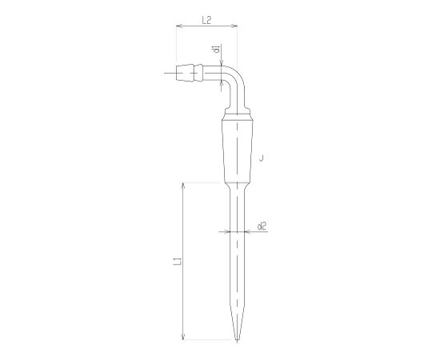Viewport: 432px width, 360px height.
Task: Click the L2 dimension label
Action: pos(206,20)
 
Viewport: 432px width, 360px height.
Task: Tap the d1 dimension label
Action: pos(217,49)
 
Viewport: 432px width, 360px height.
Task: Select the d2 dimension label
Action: pos(262,226)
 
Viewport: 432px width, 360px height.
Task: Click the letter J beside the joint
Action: pos(262,158)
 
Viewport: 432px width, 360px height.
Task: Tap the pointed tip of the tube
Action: pos(237,341)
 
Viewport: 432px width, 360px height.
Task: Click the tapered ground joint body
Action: pos(237,150)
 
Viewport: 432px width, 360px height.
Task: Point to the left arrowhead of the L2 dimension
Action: pos(179,26)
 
